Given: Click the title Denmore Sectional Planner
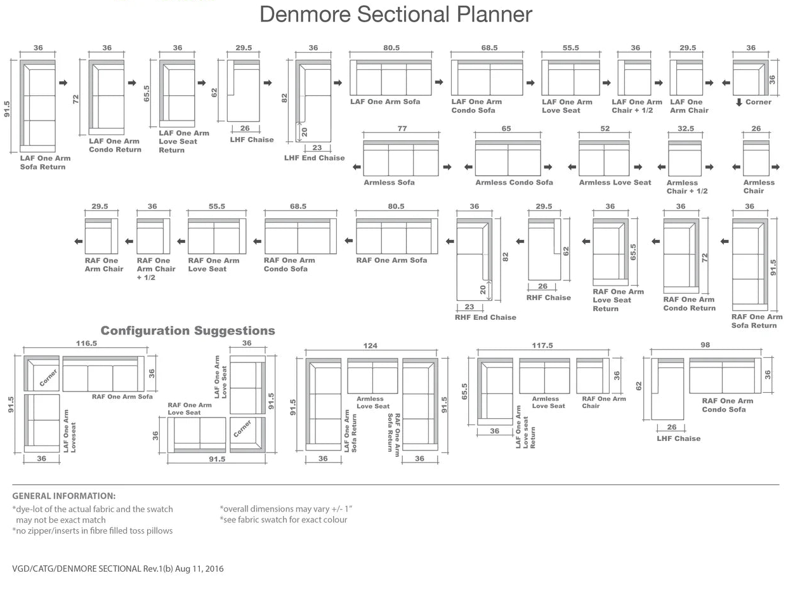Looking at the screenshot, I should point(396,14).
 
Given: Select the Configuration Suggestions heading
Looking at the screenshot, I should point(188,331).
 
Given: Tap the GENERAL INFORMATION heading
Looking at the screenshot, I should point(63,496).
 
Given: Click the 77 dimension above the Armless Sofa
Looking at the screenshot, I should point(402,128).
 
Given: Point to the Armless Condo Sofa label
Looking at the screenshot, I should point(514,183).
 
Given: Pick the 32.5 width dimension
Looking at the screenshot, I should point(685,128).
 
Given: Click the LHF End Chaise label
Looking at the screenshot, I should point(314,158).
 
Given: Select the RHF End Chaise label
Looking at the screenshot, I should point(485,317).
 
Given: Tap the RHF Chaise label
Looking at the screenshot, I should point(548,298).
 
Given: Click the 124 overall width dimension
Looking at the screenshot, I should point(370,346).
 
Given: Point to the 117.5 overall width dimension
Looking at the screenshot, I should point(542,345).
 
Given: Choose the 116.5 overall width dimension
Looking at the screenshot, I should point(86,343).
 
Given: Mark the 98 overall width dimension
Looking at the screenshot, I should point(705,345).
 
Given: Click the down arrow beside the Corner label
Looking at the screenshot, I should point(739,102).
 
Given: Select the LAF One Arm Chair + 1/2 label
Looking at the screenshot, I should point(636,106).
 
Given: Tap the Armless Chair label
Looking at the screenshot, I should point(759,187).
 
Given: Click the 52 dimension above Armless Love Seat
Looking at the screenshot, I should point(605,128).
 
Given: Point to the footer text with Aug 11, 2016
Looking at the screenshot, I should point(117,569).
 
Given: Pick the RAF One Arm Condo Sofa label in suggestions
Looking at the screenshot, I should point(727,405).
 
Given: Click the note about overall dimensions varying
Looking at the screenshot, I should point(285,508).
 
